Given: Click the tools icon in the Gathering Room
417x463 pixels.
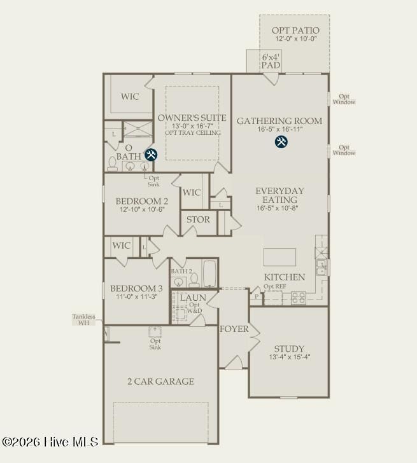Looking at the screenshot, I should pos(281,142).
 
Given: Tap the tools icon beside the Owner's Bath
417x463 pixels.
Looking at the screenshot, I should pos(151,155).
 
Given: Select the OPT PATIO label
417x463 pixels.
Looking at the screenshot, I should pos(295,30).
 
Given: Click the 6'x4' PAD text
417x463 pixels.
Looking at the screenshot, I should pos(271,61).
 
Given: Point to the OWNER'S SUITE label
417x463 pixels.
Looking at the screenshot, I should pos(192,118).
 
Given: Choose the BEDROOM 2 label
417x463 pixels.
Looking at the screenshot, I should pos(142,200).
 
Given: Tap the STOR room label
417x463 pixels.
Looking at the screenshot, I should pos(198,220).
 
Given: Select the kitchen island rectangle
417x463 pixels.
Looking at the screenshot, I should pos(279,257).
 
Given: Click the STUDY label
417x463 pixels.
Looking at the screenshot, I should pos(289,349).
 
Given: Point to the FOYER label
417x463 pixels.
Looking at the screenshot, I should pos(234,329).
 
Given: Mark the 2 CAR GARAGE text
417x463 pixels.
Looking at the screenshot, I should pos(160,382).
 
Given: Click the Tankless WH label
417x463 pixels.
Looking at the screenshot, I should pos(83,320).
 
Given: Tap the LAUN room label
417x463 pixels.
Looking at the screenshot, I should pos(192,297).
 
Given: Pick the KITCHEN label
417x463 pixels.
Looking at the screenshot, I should pos(285,277).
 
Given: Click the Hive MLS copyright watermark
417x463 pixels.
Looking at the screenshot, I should pos(50,441).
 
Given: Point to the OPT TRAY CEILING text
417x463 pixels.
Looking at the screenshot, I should pos(192,133).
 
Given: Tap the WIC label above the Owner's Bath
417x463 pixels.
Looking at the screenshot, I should pos(131,97).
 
